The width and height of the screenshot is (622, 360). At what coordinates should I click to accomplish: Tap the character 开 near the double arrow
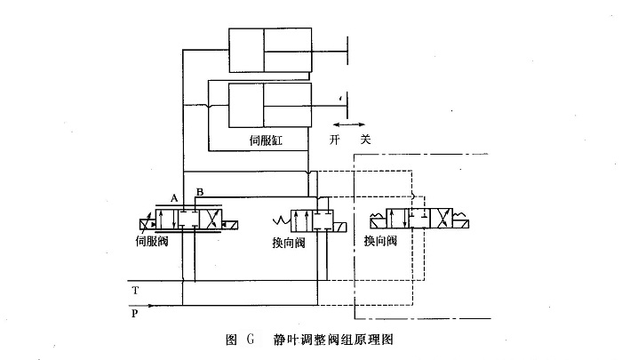pyautogui.click(x=335, y=140)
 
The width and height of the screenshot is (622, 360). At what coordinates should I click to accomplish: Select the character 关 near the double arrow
pyautogui.click(x=365, y=140)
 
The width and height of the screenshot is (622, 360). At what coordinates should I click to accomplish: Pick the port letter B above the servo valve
pyautogui.click(x=200, y=193)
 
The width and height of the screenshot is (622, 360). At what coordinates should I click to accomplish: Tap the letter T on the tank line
pyautogui.click(x=134, y=291)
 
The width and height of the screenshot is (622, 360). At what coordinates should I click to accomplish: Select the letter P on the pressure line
pyautogui.click(x=134, y=313)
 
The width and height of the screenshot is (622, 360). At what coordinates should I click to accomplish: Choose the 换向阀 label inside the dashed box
pyautogui.click(x=381, y=241)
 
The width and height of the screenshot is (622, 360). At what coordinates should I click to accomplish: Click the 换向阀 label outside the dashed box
pyautogui.click(x=290, y=242)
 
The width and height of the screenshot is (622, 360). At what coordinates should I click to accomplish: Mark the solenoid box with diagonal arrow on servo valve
pyautogui.click(x=146, y=220)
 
